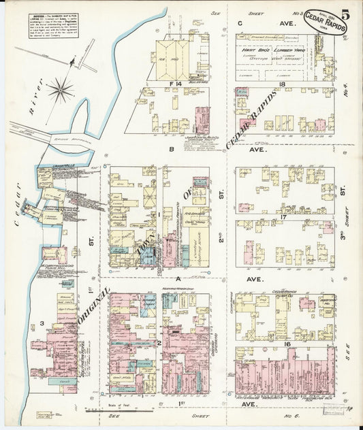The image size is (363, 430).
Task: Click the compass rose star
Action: point(61,88)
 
